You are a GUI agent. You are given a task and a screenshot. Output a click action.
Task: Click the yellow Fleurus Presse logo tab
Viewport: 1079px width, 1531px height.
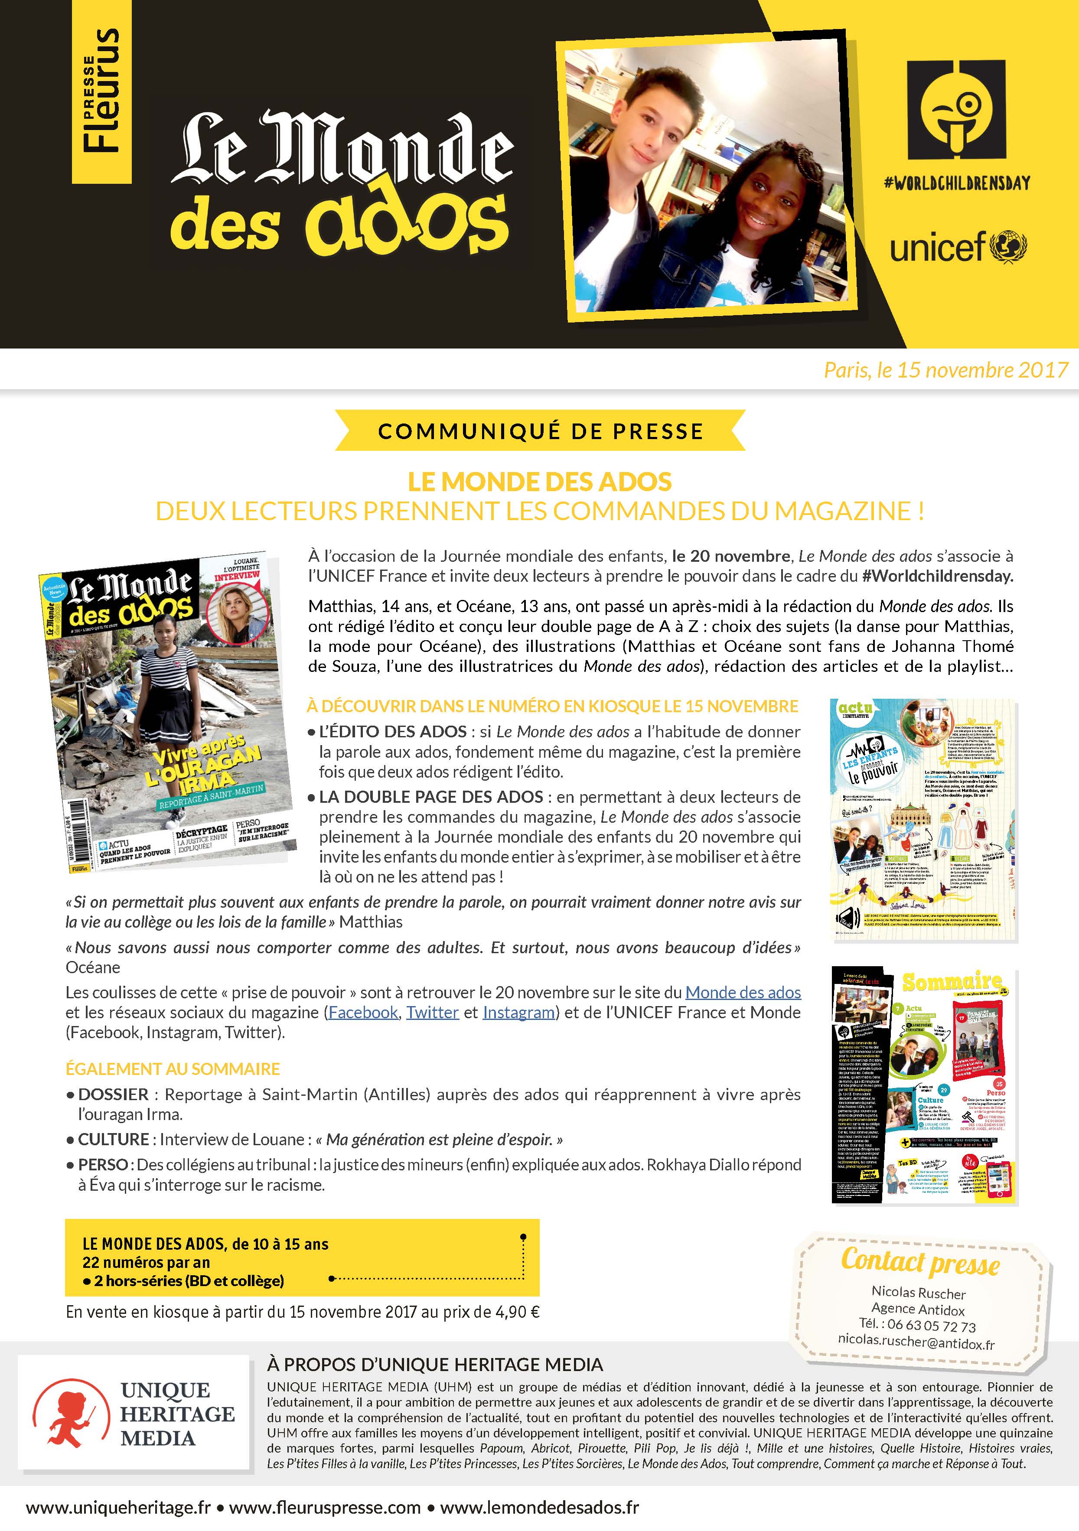pos(101,91)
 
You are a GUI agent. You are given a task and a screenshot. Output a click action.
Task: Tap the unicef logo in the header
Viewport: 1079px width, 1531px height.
pos(958,247)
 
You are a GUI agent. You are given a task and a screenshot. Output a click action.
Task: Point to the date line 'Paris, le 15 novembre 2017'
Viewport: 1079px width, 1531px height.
pos(945,370)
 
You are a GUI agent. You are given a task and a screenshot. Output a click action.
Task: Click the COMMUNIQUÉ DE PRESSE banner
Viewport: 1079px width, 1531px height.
pos(540,431)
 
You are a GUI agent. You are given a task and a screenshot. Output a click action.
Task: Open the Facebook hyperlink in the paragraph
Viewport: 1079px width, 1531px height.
pos(363,1012)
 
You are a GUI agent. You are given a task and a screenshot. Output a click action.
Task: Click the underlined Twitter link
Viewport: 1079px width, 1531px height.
pos(432,1012)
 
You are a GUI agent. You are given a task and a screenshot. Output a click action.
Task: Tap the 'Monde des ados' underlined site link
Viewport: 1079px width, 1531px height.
pos(743,992)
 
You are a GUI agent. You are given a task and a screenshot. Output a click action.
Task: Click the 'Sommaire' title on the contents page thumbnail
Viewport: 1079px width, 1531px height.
pos(952,982)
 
